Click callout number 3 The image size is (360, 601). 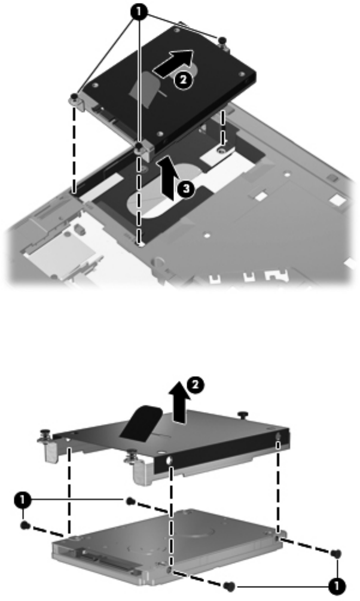186,190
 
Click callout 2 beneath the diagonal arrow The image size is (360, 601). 183,80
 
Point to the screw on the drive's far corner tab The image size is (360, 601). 222,40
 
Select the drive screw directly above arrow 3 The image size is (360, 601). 139,147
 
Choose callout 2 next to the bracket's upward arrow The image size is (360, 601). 196,385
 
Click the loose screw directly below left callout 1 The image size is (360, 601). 25,525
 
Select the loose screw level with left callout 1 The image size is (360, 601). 130,500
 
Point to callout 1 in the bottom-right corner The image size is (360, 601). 337,585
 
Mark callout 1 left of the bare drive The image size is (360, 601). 22,500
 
